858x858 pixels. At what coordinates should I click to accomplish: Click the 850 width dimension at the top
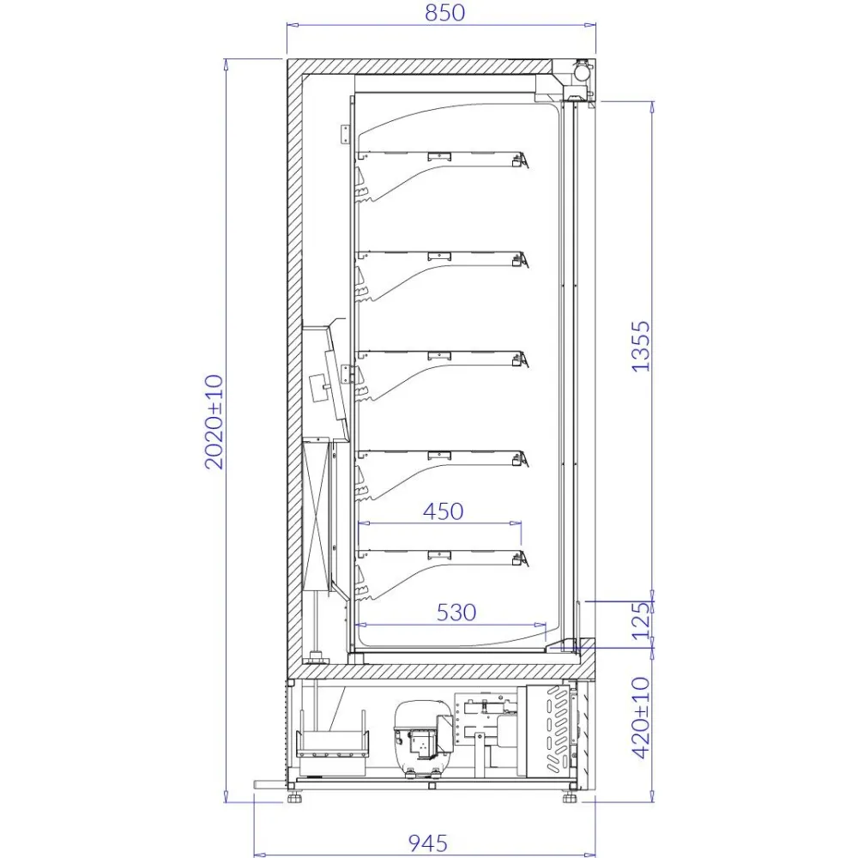click(x=443, y=13)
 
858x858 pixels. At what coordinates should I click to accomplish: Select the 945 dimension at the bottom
click(x=427, y=843)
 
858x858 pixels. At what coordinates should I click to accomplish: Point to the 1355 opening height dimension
click(x=641, y=346)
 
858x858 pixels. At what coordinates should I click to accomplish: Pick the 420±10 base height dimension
click(x=641, y=717)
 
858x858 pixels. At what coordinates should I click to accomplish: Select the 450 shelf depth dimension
click(x=443, y=511)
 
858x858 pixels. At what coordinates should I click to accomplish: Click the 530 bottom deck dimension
click(x=456, y=612)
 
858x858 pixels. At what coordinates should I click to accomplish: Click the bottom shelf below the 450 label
click(x=439, y=553)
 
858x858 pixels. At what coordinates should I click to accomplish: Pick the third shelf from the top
click(x=439, y=354)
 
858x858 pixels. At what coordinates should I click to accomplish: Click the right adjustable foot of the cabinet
click(x=569, y=797)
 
